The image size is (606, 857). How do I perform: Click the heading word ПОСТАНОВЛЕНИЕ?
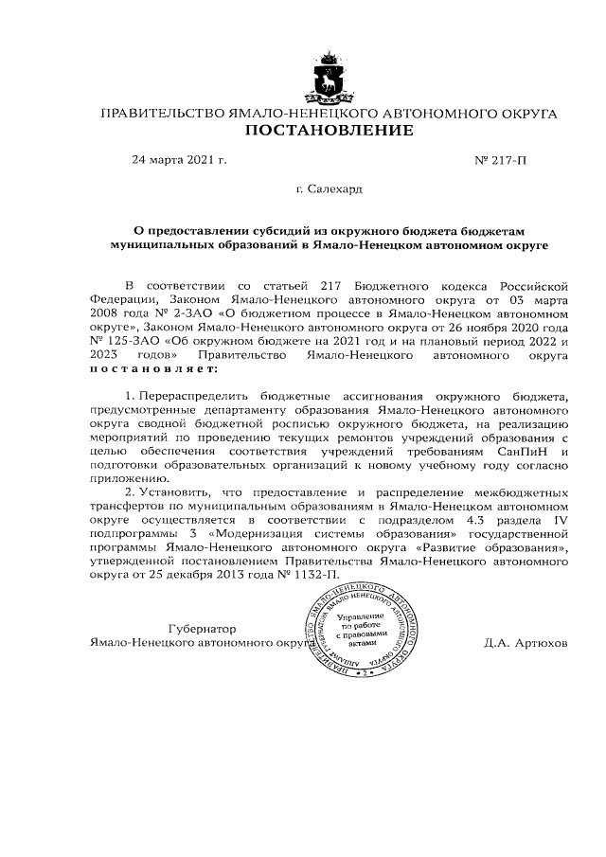pos(329,131)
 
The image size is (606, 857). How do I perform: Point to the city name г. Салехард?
pos(328,190)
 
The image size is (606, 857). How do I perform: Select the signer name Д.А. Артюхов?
pos(525,642)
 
